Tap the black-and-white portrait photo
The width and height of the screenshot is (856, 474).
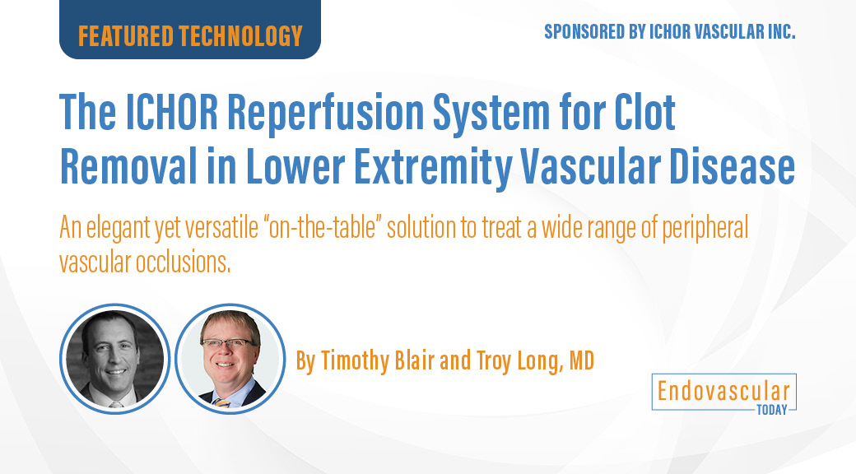coord(114,358)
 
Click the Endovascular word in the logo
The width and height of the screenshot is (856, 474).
coord(723,391)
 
